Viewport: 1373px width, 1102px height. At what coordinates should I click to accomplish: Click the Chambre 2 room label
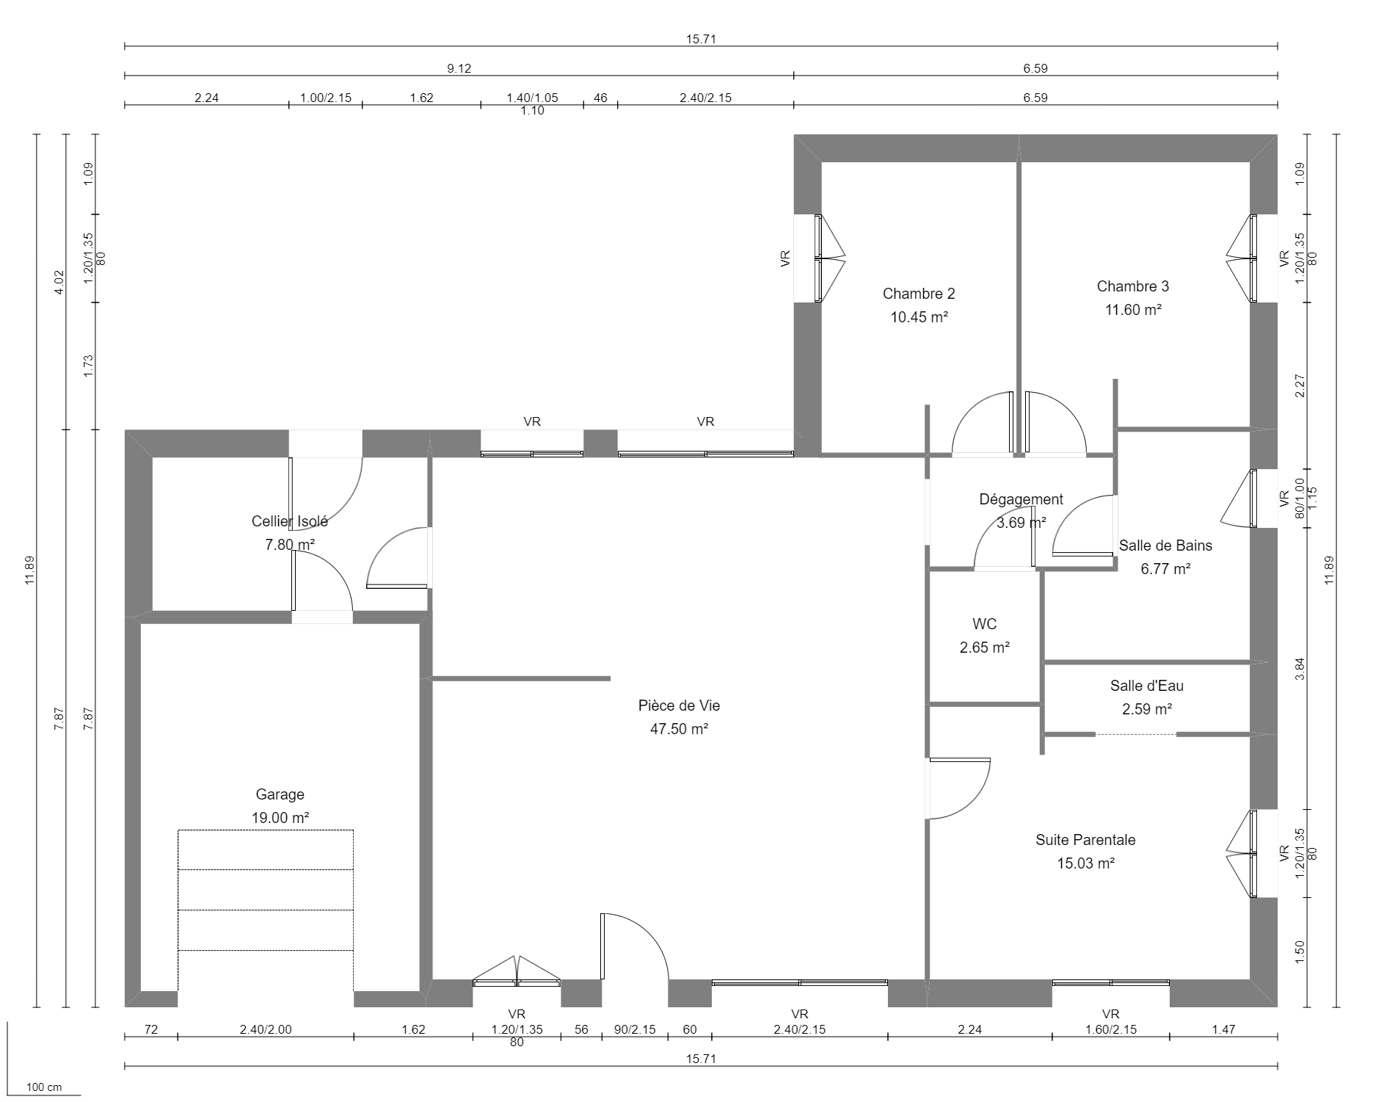point(919,294)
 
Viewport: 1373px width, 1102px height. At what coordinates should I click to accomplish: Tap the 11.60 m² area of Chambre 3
point(1133,310)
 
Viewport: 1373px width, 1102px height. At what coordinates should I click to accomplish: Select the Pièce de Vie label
point(679,706)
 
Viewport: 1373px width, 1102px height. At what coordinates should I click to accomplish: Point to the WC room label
point(984,624)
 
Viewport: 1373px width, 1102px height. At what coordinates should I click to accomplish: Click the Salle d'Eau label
point(1146,686)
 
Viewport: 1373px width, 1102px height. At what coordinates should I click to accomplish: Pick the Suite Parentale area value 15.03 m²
point(1085,863)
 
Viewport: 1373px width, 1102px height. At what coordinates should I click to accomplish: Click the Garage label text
point(280,794)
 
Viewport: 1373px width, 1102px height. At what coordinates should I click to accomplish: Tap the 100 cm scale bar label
point(44,1087)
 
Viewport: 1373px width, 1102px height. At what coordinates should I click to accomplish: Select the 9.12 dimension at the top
point(459,68)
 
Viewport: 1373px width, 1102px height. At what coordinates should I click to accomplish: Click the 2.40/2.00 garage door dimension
point(266,1029)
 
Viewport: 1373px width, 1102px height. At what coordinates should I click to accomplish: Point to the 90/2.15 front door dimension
point(635,1029)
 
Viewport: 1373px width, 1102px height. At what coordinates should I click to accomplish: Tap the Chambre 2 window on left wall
point(820,258)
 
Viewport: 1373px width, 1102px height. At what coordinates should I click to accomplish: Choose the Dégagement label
point(1021,499)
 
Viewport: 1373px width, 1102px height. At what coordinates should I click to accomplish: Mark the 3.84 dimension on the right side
point(1300,667)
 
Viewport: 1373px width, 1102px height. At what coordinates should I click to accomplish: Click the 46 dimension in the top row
point(600,98)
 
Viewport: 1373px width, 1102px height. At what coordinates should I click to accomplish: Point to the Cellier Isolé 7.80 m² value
point(289,545)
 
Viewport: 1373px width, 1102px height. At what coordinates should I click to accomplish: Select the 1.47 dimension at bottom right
point(1223,1029)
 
